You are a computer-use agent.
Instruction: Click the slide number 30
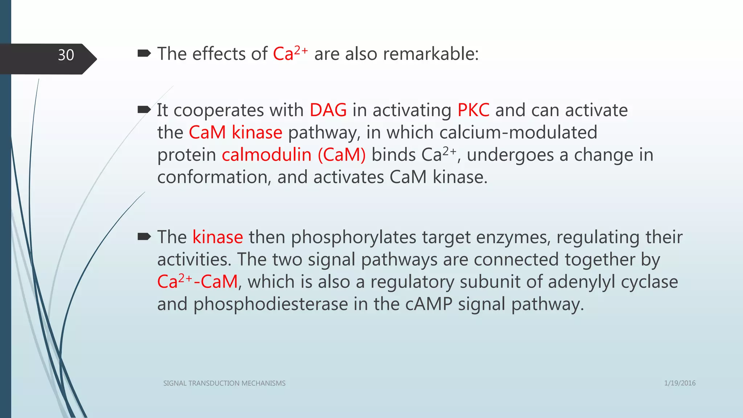pyautogui.click(x=66, y=55)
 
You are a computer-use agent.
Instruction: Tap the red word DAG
pyautogui.click(x=328, y=110)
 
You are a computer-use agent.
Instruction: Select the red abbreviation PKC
pyautogui.click(x=473, y=110)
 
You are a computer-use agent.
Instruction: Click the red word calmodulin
pyautogui.click(x=266, y=155)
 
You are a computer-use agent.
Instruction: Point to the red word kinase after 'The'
pyautogui.click(x=217, y=237)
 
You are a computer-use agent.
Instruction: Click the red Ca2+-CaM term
pyautogui.click(x=197, y=282)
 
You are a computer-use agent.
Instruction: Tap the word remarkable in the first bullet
pyautogui.click(x=431, y=54)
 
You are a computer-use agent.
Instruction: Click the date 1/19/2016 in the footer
pyautogui.click(x=680, y=383)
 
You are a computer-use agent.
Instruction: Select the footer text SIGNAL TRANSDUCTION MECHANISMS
pyautogui.click(x=224, y=383)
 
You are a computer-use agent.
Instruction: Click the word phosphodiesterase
pyautogui.click(x=270, y=304)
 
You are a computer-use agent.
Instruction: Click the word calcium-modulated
pyautogui.click(x=507, y=132)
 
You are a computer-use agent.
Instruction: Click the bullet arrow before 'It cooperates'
pyautogui.click(x=144, y=110)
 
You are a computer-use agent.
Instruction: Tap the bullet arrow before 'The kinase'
pyautogui.click(x=144, y=237)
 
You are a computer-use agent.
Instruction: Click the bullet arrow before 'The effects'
pyautogui.click(x=144, y=54)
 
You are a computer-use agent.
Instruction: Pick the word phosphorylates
pyautogui.click(x=353, y=237)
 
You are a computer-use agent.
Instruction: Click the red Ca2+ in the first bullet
pyautogui.click(x=290, y=53)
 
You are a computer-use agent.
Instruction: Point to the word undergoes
pyautogui.click(x=510, y=155)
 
